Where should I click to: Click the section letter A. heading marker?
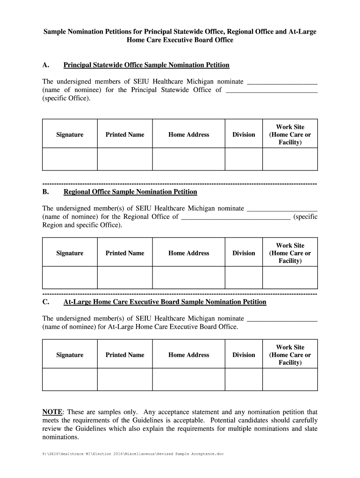click(x=46, y=65)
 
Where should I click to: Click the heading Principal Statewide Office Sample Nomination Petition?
click(x=146, y=65)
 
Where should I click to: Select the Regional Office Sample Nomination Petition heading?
click(x=130, y=192)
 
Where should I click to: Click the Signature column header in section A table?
click(x=70, y=134)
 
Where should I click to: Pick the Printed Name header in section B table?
click(x=125, y=253)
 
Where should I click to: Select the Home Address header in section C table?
click(x=188, y=355)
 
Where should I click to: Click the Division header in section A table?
click(x=244, y=134)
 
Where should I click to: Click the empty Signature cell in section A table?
click(x=70, y=159)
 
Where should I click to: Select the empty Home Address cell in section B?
click(x=188, y=278)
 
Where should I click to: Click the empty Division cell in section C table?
click(x=244, y=379)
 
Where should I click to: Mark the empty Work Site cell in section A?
click(x=290, y=159)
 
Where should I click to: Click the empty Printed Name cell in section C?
click(x=125, y=379)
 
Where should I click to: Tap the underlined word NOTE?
click(x=52, y=412)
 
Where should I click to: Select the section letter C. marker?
click(x=46, y=302)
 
